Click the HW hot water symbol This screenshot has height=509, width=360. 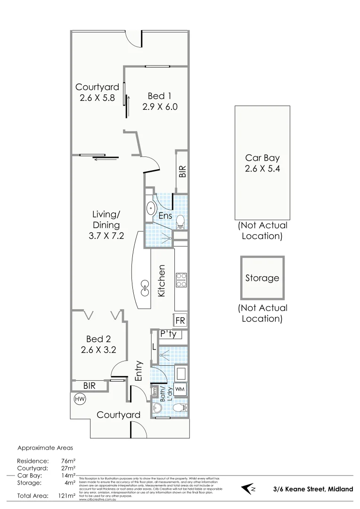[x=79, y=399]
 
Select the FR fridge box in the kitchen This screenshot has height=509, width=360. [x=180, y=321]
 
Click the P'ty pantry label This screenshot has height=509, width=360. [x=168, y=334]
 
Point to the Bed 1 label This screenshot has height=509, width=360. [x=159, y=97]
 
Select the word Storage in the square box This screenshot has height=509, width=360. [x=262, y=278]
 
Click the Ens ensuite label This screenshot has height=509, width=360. [x=164, y=215]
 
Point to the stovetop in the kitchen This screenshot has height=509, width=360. [x=181, y=280]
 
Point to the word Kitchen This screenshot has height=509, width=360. [x=162, y=281]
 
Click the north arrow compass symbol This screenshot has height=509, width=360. [x=249, y=489]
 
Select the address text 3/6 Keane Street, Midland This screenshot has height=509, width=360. [x=313, y=489]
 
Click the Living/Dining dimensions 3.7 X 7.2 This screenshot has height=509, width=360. [x=106, y=237]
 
